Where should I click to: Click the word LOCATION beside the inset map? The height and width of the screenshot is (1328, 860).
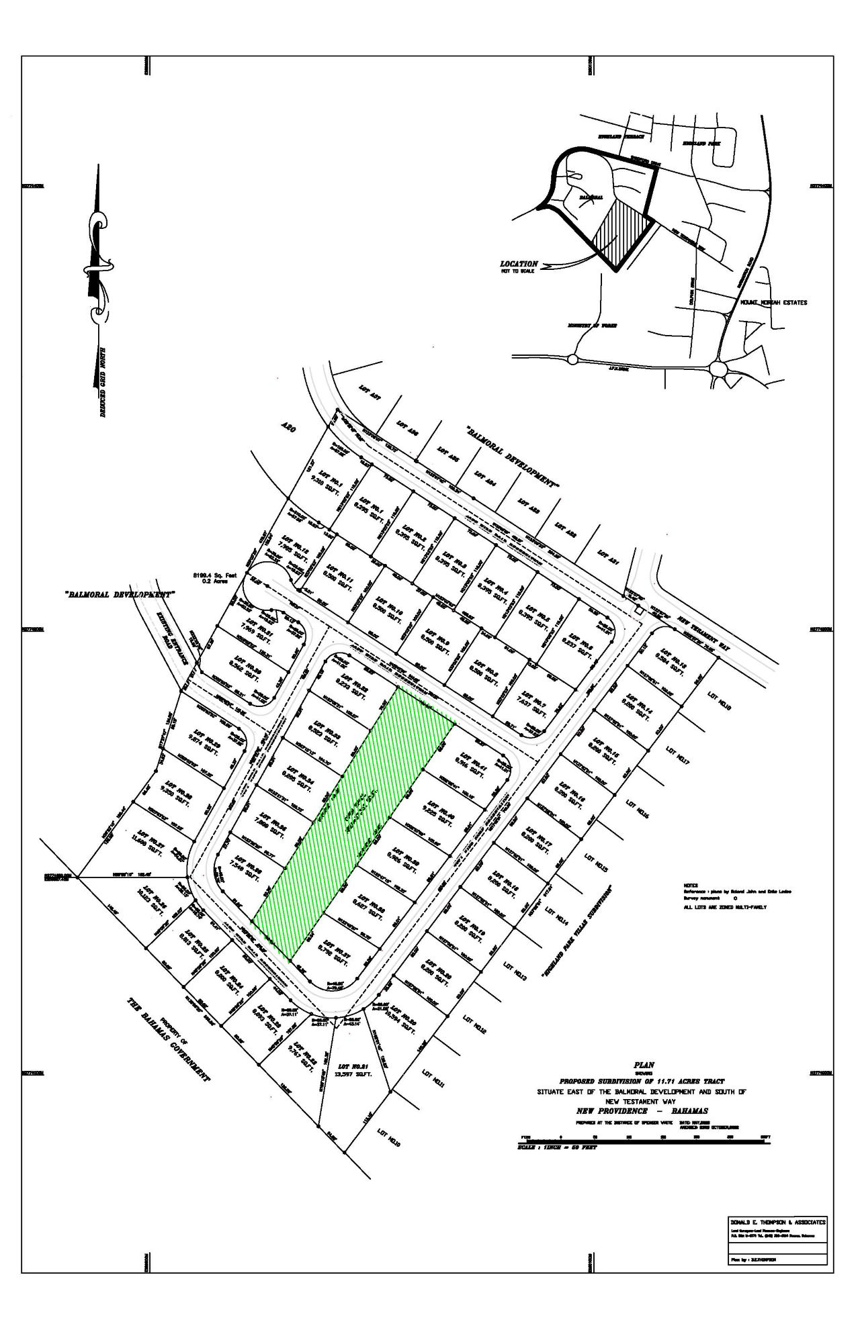(519, 264)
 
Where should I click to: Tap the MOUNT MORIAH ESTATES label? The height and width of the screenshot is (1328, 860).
(773, 303)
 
